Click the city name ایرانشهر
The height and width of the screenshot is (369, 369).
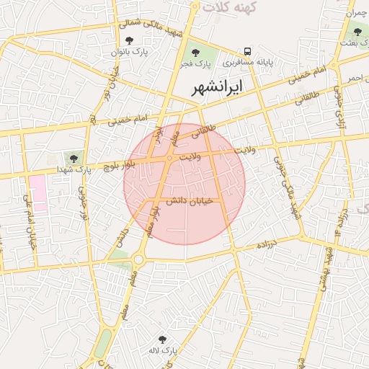218,87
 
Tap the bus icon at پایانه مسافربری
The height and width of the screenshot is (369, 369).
248,52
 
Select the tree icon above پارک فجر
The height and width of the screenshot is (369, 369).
192,52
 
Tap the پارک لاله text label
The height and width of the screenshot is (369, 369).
164,350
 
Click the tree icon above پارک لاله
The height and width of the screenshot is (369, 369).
163,337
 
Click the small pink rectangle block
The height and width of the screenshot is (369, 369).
37,192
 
